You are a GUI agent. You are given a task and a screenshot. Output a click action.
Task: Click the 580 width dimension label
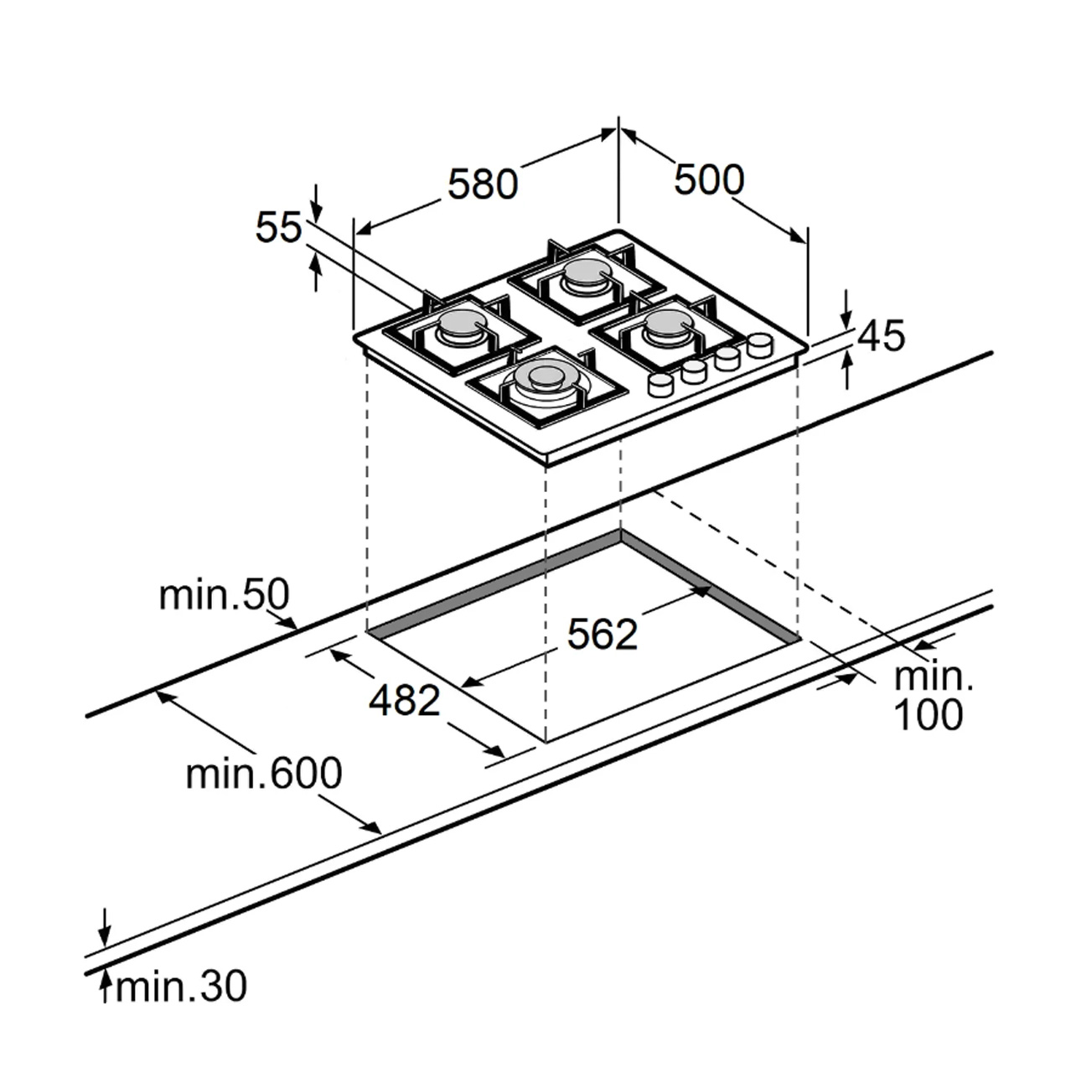[x=483, y=184]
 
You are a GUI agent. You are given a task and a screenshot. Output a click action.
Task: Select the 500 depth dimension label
[x=709, y=180]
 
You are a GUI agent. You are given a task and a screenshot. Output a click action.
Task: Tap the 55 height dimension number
[x=278, y=228]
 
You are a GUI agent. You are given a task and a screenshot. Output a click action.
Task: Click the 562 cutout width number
[x=603, y=635]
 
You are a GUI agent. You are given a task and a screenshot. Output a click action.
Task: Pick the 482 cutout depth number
[x=405, y=701]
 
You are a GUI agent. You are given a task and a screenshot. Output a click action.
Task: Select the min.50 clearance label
[x=225, y=595]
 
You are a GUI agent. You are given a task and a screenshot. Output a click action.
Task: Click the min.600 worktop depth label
[x=264, y=774]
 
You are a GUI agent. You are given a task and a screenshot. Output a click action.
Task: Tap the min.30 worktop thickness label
[x=181, y=987]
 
